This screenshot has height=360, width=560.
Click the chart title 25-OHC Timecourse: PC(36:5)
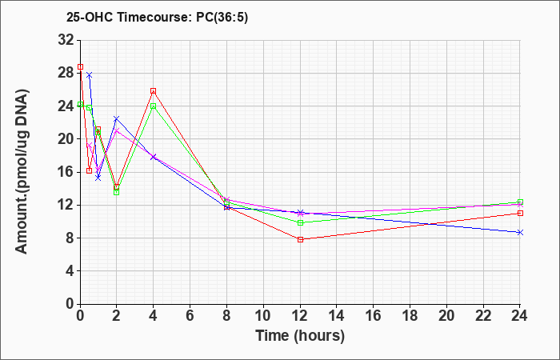point(157,18)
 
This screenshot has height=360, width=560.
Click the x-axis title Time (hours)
point(300,336)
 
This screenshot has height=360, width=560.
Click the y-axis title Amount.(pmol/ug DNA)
point(22,171)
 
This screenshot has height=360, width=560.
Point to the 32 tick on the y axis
point(66,40)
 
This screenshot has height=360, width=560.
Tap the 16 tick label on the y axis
point(66,172)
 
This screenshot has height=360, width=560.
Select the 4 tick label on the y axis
point(70,270)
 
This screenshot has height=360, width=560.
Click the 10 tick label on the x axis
point(263,316)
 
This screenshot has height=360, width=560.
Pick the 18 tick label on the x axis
point(410,316)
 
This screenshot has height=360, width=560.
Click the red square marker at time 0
point(80,66)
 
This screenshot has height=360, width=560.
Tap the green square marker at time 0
point(80,104)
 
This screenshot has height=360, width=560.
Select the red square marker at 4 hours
point(154,91)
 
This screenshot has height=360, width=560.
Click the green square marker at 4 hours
point(154,106)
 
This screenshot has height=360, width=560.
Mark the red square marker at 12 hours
point(300,239)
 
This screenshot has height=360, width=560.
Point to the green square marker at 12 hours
point(300,222)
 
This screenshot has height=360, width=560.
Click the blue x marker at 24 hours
point(520,233)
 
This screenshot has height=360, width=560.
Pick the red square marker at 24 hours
point(520,214)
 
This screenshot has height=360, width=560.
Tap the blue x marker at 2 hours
point(117,118)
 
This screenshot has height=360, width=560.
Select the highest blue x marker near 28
point(90,75)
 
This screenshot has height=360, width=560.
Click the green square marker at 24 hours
point(520,202)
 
